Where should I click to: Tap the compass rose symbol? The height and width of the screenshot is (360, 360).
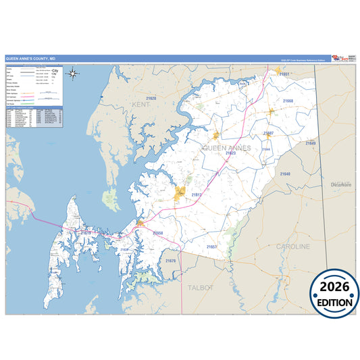(x=74, y=74)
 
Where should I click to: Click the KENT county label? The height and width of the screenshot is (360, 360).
(x=141, y=105)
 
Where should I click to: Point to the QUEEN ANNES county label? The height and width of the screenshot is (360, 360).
(x=226, y=148)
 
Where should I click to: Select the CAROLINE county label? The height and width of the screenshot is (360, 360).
(x=293, y=247)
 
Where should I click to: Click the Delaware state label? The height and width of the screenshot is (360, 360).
(x=341, y=184)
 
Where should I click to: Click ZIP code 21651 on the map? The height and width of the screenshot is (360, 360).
(x=285, y=74)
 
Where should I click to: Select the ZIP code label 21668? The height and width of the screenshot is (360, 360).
(x=288, y=101)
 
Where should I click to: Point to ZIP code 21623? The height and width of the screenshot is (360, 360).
(x=231, y=153)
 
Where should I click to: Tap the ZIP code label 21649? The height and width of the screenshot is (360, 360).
(x=310, y=143)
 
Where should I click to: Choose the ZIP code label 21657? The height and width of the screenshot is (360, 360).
(x=212, y=247)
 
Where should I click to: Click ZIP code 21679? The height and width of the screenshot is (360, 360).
(x=170, y=261)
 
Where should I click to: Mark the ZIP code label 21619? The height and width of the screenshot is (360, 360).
(x=86, y=232)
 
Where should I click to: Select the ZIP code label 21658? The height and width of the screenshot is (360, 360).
(x=157, y=233)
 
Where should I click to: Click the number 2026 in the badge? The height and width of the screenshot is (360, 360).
(x=334, y=286)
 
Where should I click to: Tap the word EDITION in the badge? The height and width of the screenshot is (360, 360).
(x=334, y=303)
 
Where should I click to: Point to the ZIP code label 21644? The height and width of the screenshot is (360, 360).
(x=267, y=149)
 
